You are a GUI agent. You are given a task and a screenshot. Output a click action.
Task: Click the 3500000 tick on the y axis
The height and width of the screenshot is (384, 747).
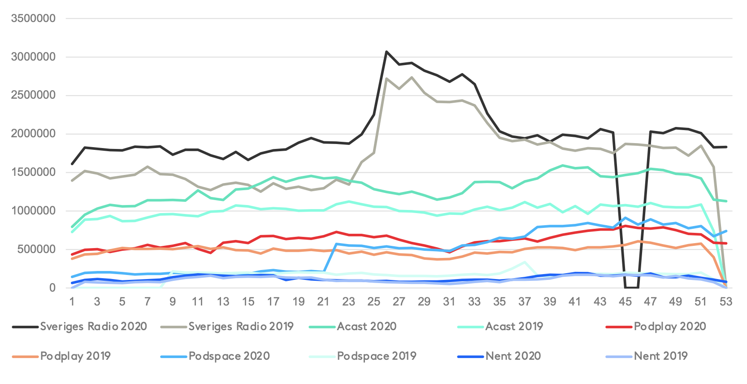(33, 18)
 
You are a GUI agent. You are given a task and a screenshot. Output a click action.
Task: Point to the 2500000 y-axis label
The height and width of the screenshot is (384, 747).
(33, 95)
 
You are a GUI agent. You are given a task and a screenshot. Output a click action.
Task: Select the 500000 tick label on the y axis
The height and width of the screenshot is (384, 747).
(36, 249)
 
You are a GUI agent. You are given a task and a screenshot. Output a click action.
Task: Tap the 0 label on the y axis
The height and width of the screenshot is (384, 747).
(52, 288)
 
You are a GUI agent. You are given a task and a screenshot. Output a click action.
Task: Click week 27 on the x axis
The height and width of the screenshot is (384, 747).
(399, 301)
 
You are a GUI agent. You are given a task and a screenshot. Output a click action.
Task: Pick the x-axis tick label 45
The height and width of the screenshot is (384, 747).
(625, 301)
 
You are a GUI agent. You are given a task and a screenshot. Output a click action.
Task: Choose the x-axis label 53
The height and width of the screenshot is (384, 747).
(725, 301)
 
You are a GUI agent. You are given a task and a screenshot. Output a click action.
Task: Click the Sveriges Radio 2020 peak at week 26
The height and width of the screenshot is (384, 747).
(387, 52)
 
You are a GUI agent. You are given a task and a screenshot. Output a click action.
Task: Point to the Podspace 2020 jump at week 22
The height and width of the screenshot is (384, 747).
(336, 244)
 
